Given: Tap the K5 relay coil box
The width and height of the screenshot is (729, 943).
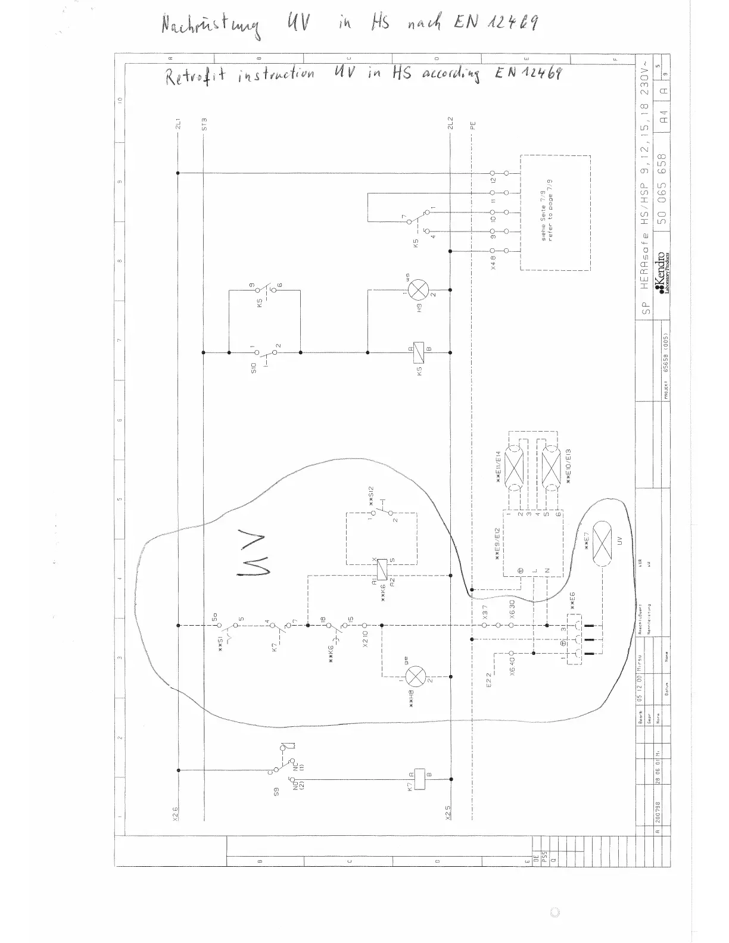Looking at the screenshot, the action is coord(419,351).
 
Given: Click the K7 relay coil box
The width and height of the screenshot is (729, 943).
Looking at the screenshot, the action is coord(420,779).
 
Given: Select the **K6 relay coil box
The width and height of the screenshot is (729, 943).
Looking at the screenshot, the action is coord(382,569).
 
